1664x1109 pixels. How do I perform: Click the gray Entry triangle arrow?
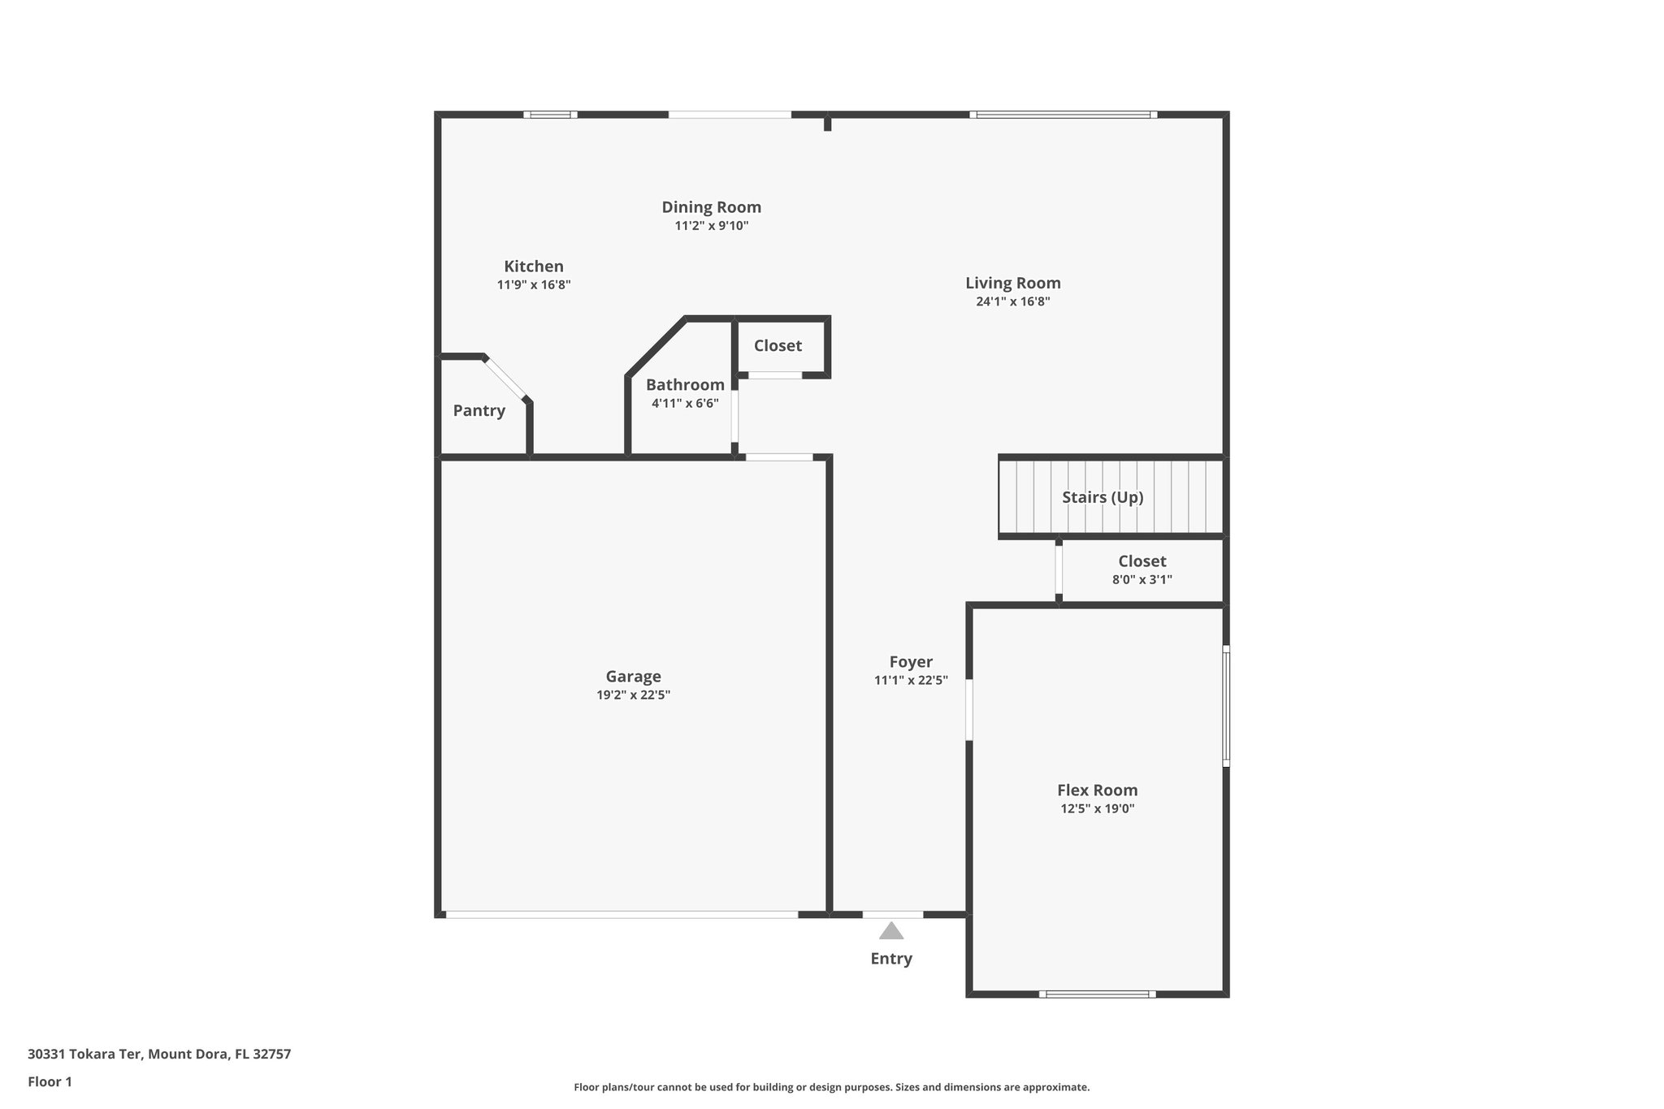click(891, 931)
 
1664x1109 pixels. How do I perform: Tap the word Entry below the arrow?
click(891, 959)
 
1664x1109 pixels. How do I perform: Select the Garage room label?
click(633, 676)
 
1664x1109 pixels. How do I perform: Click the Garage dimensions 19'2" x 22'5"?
click(633, 695)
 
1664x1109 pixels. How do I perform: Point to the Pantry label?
click(479, 410)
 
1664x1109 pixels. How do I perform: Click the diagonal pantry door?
click(506, 379)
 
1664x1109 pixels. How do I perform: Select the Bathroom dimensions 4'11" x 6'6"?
click(685, 403)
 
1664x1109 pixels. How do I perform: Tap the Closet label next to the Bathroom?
click(778, 345)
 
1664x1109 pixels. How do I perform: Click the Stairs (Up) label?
click(1103, 497)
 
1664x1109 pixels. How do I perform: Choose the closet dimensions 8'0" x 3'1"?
click(1142, 579)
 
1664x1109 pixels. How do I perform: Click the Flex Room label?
click(1097, 790)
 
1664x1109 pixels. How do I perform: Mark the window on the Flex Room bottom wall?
click(1097, 994)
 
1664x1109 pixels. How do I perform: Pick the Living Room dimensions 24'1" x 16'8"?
click(1013, 301)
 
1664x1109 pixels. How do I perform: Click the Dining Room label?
click(711, 207)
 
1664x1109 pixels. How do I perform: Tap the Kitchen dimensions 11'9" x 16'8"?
click(534, 285)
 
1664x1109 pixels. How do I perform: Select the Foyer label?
click(911, 661)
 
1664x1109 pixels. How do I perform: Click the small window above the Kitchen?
click(550, 115)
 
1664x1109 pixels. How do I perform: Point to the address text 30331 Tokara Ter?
click(85, 1055)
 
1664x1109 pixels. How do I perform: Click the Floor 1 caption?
click(50, 1082)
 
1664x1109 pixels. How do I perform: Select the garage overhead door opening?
click(622, 915)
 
